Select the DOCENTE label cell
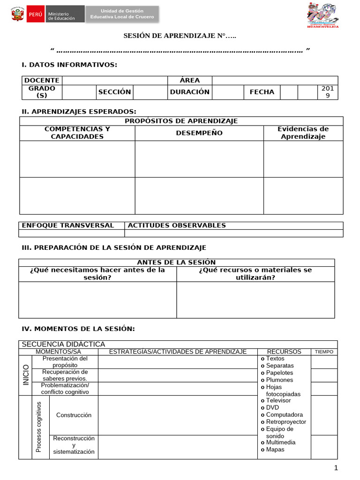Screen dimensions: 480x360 click(42, 80)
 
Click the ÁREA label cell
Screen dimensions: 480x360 click(190, 80)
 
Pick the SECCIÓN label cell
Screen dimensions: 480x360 click(114, 92)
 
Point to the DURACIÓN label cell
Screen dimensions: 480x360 click(190, 92)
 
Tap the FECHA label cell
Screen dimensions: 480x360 click(262, 92)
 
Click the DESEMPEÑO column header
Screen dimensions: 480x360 click(199, 133)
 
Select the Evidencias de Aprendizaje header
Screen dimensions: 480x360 click(303, 133)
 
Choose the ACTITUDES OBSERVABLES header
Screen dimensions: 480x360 click(177, 225)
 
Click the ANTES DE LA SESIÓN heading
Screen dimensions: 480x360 click(176, 262)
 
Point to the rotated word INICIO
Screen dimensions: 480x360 click(26, 375)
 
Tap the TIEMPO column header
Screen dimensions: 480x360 click(324, 352)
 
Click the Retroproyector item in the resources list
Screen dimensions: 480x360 click(285, 422)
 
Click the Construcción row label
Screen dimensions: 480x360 click(74, 415)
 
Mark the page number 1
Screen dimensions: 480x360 click(336, 468)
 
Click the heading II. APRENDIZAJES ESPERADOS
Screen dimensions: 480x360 click(79, 112)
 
